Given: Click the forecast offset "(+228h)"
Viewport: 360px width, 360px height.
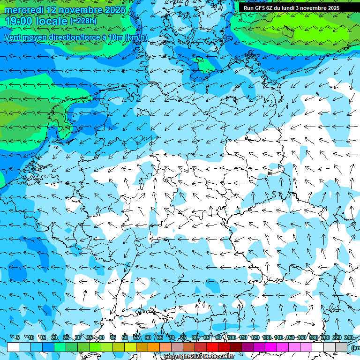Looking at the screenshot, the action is tap(83, 21).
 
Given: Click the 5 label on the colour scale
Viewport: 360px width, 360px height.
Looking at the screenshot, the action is tap(18, 338).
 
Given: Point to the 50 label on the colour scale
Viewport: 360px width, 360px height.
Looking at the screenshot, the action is tap(125, 338).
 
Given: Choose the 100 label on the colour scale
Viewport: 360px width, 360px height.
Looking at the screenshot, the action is tap(232, 338).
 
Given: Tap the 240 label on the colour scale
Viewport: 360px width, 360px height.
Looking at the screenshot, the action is tap(349, 338).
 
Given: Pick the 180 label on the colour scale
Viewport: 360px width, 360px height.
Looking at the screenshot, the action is tap(314, 338).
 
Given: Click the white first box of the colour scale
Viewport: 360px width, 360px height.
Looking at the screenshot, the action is tap(13, 347).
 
